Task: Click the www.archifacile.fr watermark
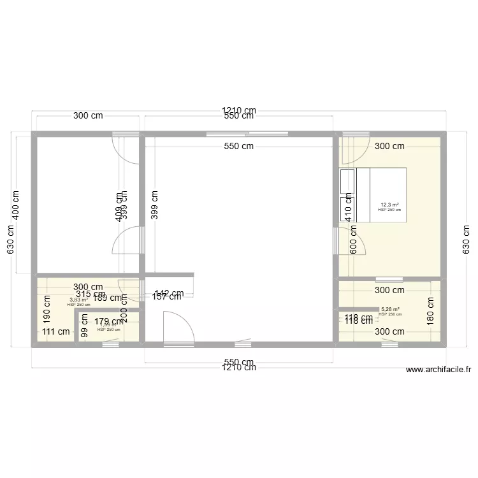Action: (438, 370)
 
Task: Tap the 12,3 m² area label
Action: (390, 205)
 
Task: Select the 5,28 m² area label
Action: (390, 309)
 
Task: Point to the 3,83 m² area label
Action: (78, 300)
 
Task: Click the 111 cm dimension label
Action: (56, 331)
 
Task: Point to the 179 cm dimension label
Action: (108, 322)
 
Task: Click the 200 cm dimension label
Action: (124, 312)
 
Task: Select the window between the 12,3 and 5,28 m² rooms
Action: (389, 279)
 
